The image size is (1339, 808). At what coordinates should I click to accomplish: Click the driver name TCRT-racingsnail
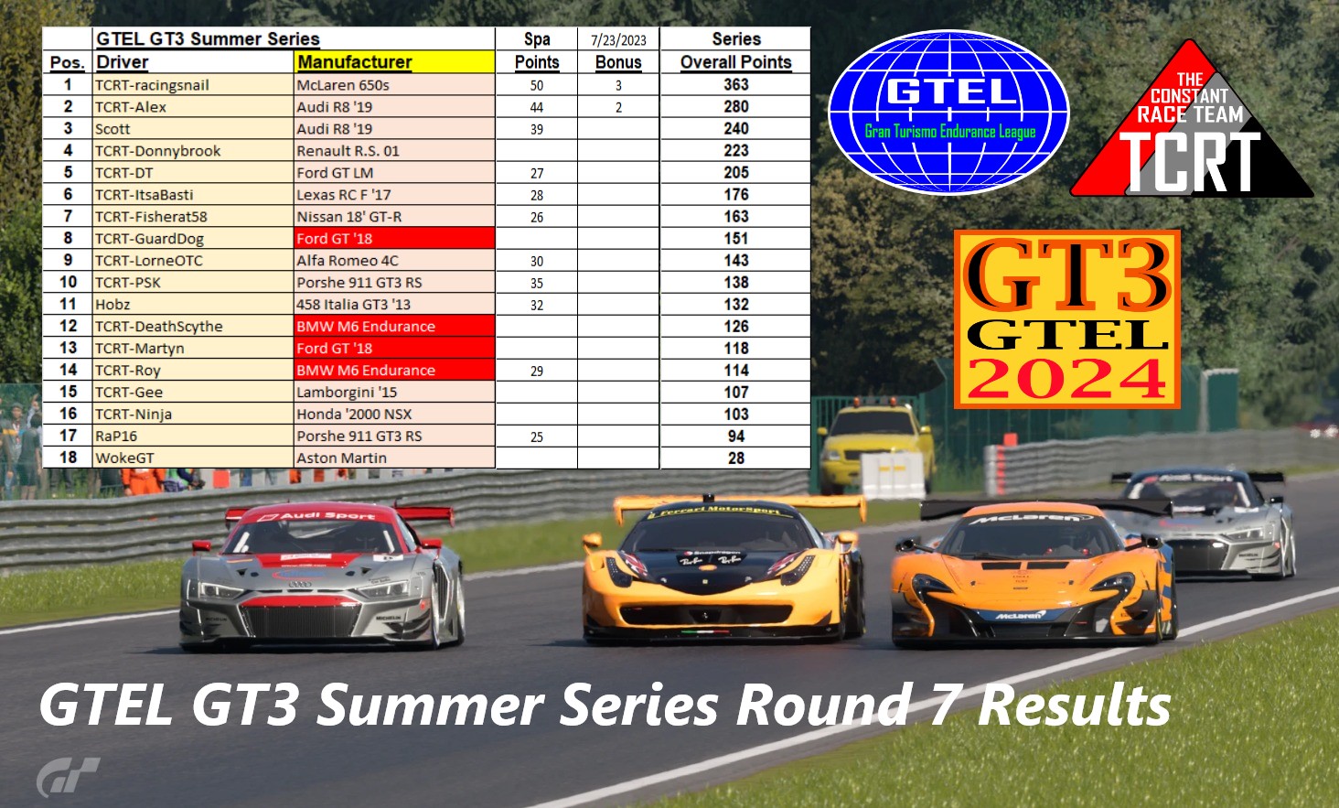[152, 85]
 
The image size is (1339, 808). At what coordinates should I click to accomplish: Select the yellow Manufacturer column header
[355, 62]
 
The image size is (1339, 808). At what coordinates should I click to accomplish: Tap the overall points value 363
[735, 84]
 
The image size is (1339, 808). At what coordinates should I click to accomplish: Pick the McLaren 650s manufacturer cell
[343, 85]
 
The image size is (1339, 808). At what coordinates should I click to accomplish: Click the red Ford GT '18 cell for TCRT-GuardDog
[335, 239]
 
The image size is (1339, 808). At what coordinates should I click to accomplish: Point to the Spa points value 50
[536, 85]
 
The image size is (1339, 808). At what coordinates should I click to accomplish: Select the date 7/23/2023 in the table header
[618, 40]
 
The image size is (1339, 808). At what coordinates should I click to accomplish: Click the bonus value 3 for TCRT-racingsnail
[618, 85]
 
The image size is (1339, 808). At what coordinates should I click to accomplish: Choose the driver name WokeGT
[125, 458]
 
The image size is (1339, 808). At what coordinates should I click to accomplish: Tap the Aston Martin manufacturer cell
[342, 458]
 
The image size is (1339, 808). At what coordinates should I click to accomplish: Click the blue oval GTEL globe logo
[948, 112]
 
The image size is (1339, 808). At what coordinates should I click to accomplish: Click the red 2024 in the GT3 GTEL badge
[1066, 379]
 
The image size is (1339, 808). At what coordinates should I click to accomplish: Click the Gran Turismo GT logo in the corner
[68, 777]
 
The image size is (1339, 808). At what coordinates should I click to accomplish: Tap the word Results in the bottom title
[1074, 706]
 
